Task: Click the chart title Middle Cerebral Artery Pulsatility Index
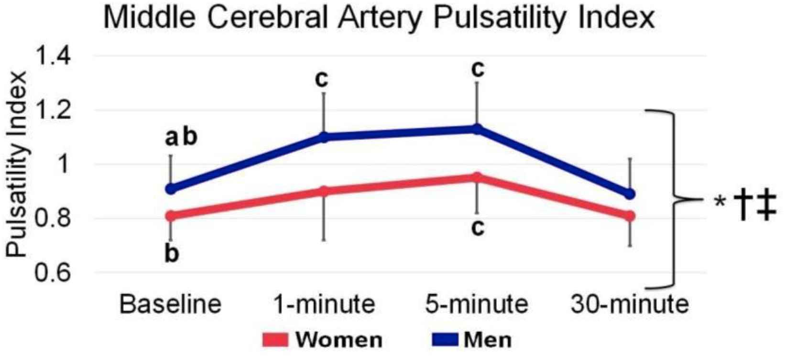click(x=378, y=18)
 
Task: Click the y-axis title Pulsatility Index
click(x=18, y=165)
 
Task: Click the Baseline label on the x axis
click(x=171, y=304)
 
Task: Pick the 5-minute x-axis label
click(x=477, y=304)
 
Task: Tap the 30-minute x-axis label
click(x=630, y=304)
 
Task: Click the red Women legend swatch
click(x=275, y=340)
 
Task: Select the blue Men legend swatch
click(x=444, y=340)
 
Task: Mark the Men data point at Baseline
click(x=171, y=189)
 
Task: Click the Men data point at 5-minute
click(x=477, y=129)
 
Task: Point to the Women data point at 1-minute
click(x=324, y=191)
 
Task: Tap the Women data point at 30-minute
click(x=630, y=216)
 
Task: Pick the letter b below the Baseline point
click(x=171, y=253)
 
